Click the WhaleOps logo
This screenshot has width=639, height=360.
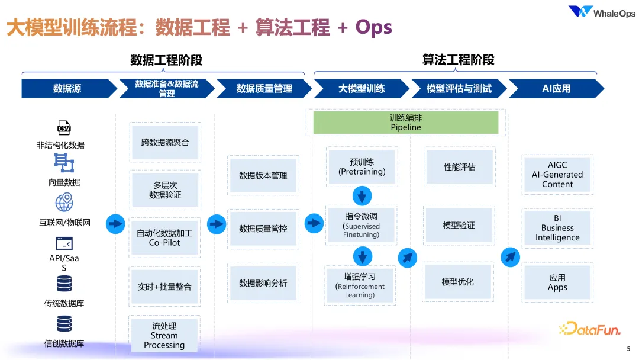pos(601,12)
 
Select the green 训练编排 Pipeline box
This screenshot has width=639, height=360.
pos(406,123)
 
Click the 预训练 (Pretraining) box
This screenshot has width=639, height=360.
pos(362,167)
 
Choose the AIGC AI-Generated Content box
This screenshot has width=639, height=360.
pos(557,175)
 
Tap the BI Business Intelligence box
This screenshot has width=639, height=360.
pos(557,228)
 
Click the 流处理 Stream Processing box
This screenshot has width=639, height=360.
pos(164,335)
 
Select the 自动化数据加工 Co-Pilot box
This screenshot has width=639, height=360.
pos(164,237)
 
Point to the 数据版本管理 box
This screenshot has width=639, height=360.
pos(263,176)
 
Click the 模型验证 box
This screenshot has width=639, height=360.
pos(459,226)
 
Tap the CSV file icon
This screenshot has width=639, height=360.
pos(64,127)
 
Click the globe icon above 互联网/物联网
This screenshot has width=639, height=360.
pos(64,202)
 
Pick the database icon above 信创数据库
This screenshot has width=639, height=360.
pos(64,323)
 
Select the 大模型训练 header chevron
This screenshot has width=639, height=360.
pos(362,89)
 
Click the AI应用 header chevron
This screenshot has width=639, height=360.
pos(556,89)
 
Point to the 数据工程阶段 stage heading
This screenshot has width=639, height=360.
pos(166,60)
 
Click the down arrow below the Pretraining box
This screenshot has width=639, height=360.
pos(362,195)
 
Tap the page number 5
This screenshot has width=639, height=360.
pos(628,349)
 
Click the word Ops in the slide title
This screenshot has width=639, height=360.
pos(374,27)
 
